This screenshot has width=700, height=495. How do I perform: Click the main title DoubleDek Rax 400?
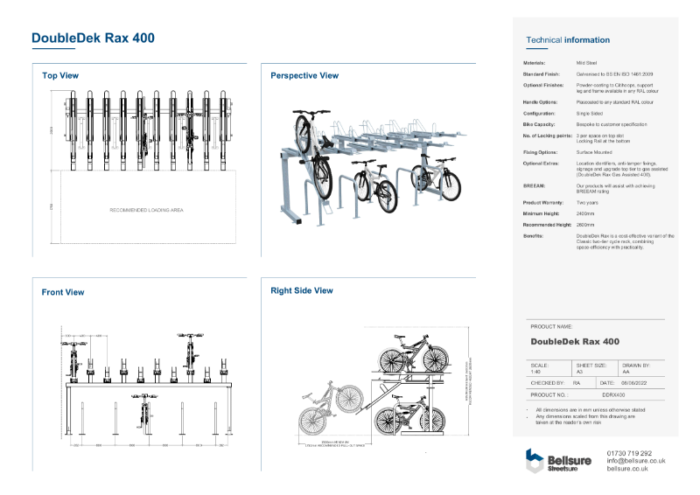click(94, 38)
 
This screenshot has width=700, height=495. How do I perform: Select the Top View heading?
click(60, 76)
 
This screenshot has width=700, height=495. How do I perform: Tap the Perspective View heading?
click(304, 76)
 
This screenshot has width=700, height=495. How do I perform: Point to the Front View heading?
click(63, 292)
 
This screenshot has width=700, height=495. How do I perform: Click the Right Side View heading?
click(302, 290)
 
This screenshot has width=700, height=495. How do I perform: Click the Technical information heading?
click(568, 40)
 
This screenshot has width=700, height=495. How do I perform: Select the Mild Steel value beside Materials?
click(586, 64)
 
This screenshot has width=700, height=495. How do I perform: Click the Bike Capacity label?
click(536, 125)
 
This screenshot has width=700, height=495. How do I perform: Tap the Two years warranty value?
click(586, 202)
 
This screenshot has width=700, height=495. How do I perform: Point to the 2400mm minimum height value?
click(585, 213)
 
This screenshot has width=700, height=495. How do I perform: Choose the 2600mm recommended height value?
click(585, 225)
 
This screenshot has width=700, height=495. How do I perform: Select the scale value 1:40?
click(535, 372)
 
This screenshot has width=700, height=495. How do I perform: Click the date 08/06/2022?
click(633, 383)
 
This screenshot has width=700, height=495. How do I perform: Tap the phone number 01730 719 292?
click(629, 453)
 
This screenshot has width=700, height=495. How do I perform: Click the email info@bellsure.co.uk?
click(636, 461)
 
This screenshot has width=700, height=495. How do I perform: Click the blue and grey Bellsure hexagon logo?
click(534, 459)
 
